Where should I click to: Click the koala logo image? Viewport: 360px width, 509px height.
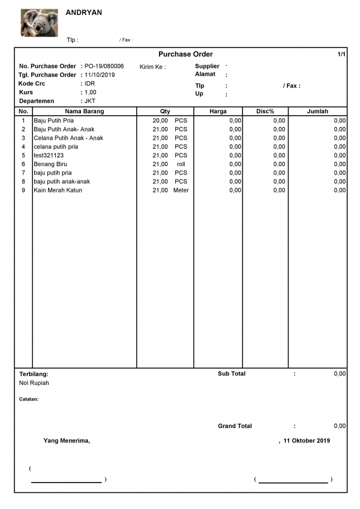coord(39,23)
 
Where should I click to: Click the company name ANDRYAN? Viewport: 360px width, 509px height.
coord(84,13)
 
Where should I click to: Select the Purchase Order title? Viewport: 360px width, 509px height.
coord(185,55)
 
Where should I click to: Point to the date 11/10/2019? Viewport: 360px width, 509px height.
coord(100,75)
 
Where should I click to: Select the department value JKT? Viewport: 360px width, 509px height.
coord(90,101)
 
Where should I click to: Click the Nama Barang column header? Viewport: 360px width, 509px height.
coord(84,112)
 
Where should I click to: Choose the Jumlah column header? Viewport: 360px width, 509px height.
coord(317,112)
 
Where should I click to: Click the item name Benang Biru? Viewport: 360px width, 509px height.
coord(50,164)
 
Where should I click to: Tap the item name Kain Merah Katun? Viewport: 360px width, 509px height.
coord(58,191)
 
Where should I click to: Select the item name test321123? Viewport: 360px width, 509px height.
coord(48,155)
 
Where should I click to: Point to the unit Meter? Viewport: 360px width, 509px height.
coord(181,191)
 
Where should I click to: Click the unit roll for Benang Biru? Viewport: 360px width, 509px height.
coord(181,164)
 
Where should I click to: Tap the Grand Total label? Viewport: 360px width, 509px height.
coord(235,426)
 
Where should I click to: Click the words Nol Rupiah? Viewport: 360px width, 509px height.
coord(34,383)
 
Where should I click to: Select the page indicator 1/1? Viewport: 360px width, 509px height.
coord(341,55)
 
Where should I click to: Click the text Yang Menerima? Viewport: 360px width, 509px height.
coord(66,441)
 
